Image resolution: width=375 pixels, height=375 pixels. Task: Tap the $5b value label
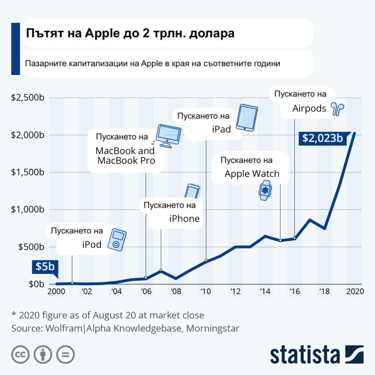(x=44, y=267)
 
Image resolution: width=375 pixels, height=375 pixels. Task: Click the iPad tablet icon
(x=248, y=118)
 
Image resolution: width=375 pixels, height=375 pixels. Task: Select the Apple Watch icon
(x=265, y=191)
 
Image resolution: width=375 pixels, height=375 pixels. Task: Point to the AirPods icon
(x=336, y=108)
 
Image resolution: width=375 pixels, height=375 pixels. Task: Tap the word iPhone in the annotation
(x=184, y=219)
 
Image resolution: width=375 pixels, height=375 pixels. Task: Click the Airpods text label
(x=309, y=108)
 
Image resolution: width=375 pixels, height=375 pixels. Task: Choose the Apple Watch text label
(x=252, y=174)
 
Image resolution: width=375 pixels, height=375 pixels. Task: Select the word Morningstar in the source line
(x=213, y=328)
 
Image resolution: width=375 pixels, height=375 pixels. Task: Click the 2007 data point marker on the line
(x=161, y=270)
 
